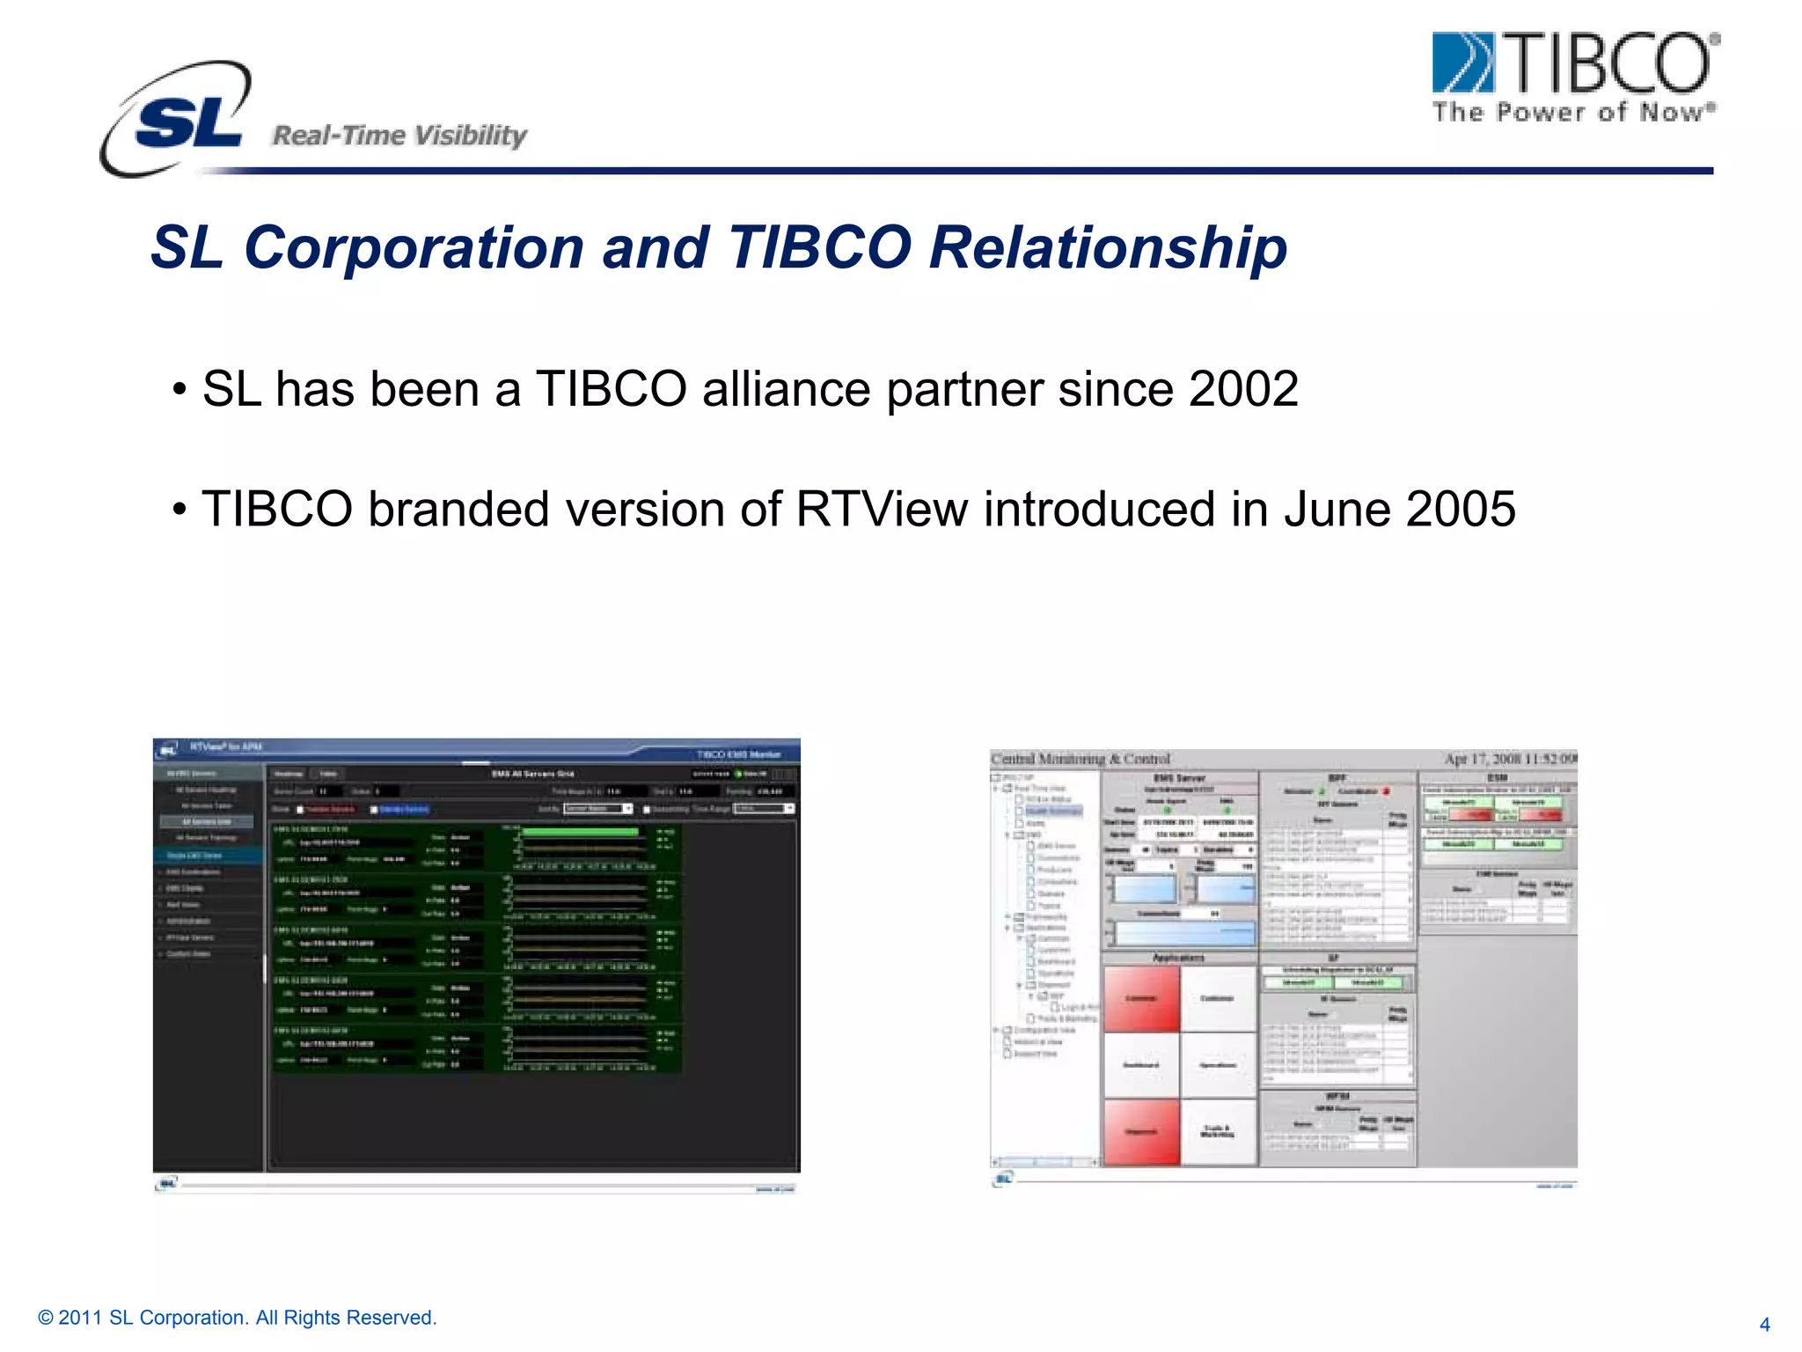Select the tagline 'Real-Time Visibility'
[399, 136]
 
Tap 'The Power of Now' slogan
[1573, 113]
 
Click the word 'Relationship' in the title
[1108, 247]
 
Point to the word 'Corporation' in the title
[414, 247]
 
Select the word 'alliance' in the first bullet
[786, 389]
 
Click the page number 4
[1764, 1325]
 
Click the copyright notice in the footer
[238, 1318]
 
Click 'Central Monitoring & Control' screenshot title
[1080, 759]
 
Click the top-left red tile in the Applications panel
[1140, 999]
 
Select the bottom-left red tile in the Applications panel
[1140, 1132]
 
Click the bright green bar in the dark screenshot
[581, 832]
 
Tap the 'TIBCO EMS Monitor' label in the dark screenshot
[738, 754]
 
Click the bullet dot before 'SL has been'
[179, 390]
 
